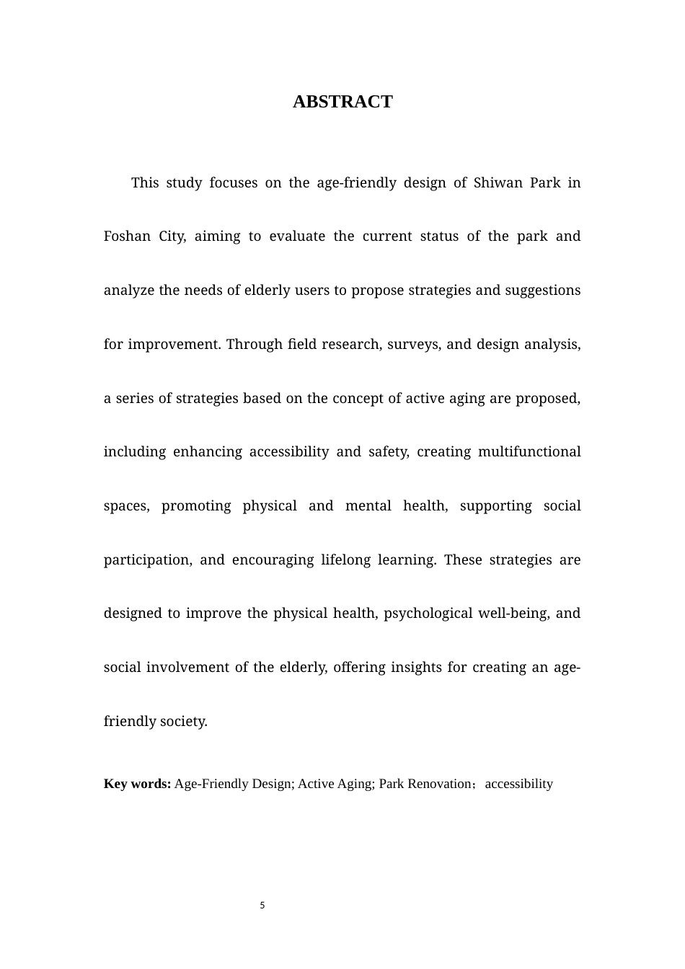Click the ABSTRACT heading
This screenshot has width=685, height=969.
tap(342, 102)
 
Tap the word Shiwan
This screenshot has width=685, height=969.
tap(498, 182)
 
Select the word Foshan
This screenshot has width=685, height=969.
tap(127, 236)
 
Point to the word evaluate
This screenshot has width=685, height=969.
tap(297, 236)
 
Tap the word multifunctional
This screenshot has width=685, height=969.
tap(529, 452)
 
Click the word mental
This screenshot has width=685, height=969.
tap(368, 506)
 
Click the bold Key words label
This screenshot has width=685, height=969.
tap(137, 784)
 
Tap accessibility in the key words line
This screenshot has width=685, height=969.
tap(518, 784)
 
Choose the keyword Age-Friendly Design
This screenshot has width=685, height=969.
tap(233, 784)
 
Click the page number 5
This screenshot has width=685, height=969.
tap(262, 906)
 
